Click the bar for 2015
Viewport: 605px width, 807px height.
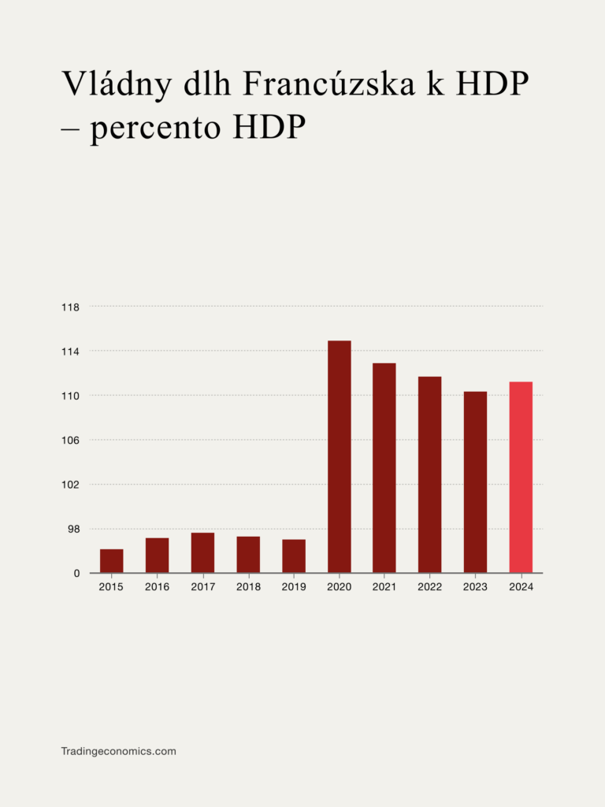[111, 560]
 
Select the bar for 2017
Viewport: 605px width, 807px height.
[202, 552]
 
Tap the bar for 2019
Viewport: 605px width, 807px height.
[294, 556]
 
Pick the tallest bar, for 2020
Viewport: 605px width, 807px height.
[340, 456]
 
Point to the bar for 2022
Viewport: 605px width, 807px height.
[429, 474]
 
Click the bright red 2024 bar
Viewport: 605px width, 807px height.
[521, 477]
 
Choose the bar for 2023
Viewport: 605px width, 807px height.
[475, 482]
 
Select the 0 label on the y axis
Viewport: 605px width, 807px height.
[76, 573]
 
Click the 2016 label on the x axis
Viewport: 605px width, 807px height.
[157, 587]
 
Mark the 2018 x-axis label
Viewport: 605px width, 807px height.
[248, 587]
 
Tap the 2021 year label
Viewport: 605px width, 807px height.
[384, 587]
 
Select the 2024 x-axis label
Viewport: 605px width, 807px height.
[521, 587]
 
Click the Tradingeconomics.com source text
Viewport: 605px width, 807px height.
[118, 751]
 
